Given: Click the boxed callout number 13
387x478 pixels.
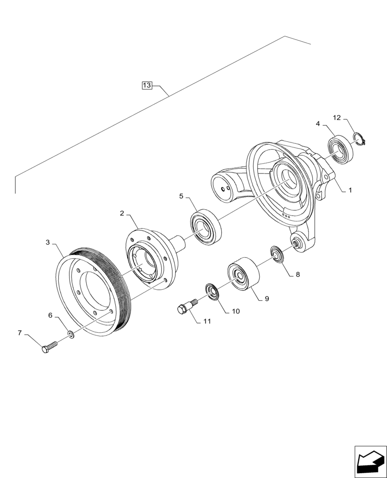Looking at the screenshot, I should point(147,86).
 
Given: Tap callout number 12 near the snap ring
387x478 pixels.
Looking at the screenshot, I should point(337,118).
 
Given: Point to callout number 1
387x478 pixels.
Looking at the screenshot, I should point(350,190).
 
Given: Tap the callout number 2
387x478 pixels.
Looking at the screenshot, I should point(122,213).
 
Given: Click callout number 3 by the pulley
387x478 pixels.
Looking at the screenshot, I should point(48,243).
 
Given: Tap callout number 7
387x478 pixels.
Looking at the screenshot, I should point(20,333).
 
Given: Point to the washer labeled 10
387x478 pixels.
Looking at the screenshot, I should point(211,292).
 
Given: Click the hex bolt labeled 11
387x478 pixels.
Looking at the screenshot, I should point(186,307).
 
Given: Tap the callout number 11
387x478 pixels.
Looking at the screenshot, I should point(206,322).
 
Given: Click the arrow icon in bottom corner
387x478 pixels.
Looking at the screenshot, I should point(370,461).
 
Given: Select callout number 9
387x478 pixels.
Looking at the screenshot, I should point(267,299).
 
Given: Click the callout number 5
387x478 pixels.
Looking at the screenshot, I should point(181,196).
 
